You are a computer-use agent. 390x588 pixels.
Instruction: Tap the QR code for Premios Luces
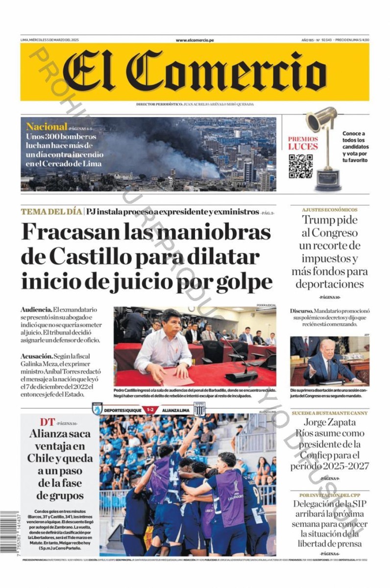(x=300, y=166)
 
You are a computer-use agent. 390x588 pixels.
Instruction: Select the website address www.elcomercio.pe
(x=195, y=40)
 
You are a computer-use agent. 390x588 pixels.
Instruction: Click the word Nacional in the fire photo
(x=47, y=126)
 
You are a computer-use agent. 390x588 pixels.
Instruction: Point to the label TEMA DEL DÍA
(x=51, y=212)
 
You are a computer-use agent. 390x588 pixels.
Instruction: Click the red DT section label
(x=47, y=422)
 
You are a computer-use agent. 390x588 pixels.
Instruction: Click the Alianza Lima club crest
(x=199, y=409)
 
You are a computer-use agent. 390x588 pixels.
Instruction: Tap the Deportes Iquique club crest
(x=97, y=409)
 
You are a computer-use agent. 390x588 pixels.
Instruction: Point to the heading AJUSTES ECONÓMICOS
(x=329, y=209)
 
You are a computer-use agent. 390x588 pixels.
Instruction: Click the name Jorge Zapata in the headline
(x=329, y=423)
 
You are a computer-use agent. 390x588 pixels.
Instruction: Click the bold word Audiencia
(x=36, y=310)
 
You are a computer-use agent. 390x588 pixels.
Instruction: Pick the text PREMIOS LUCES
(x=303, y=143)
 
